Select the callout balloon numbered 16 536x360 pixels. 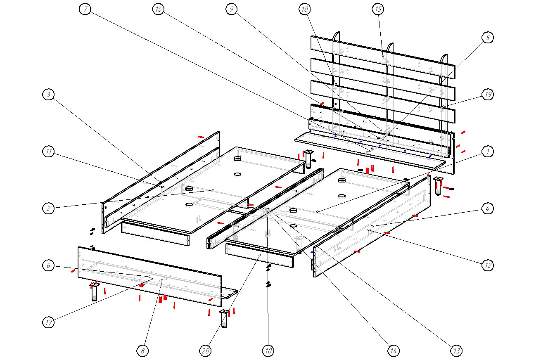tap(158, 9)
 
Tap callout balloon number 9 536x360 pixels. tap(232, 9)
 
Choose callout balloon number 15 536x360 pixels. tap(378, 9)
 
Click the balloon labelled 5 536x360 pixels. tap(488, 38)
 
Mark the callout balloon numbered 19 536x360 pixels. tap(488, 95)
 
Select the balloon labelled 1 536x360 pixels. tap(488, 152)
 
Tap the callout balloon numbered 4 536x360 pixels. tap(488, 208)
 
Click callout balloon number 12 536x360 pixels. tap(488, 265)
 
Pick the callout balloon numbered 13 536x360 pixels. tap(456, 351)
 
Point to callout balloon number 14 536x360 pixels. tap(393, 351)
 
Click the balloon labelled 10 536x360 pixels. tap(268, 351)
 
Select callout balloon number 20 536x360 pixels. tap(205, 351)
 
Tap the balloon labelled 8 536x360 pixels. tap(142, 351)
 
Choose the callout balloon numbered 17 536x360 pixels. tap(49, 323)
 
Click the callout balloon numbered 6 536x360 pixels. tap(49, 265)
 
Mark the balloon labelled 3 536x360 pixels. tap(49, 95)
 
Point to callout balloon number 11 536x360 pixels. tap(49, 152)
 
